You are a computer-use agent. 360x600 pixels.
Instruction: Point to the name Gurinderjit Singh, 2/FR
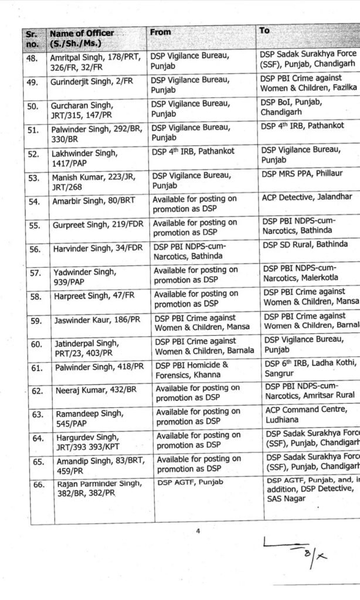tap(88, 81)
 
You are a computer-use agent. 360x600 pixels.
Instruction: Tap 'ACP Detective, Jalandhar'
tap(307, 196)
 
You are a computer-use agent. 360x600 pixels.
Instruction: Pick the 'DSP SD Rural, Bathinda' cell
tap(304, 244)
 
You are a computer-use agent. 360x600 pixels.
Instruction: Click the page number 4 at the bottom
tap(198, 531)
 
